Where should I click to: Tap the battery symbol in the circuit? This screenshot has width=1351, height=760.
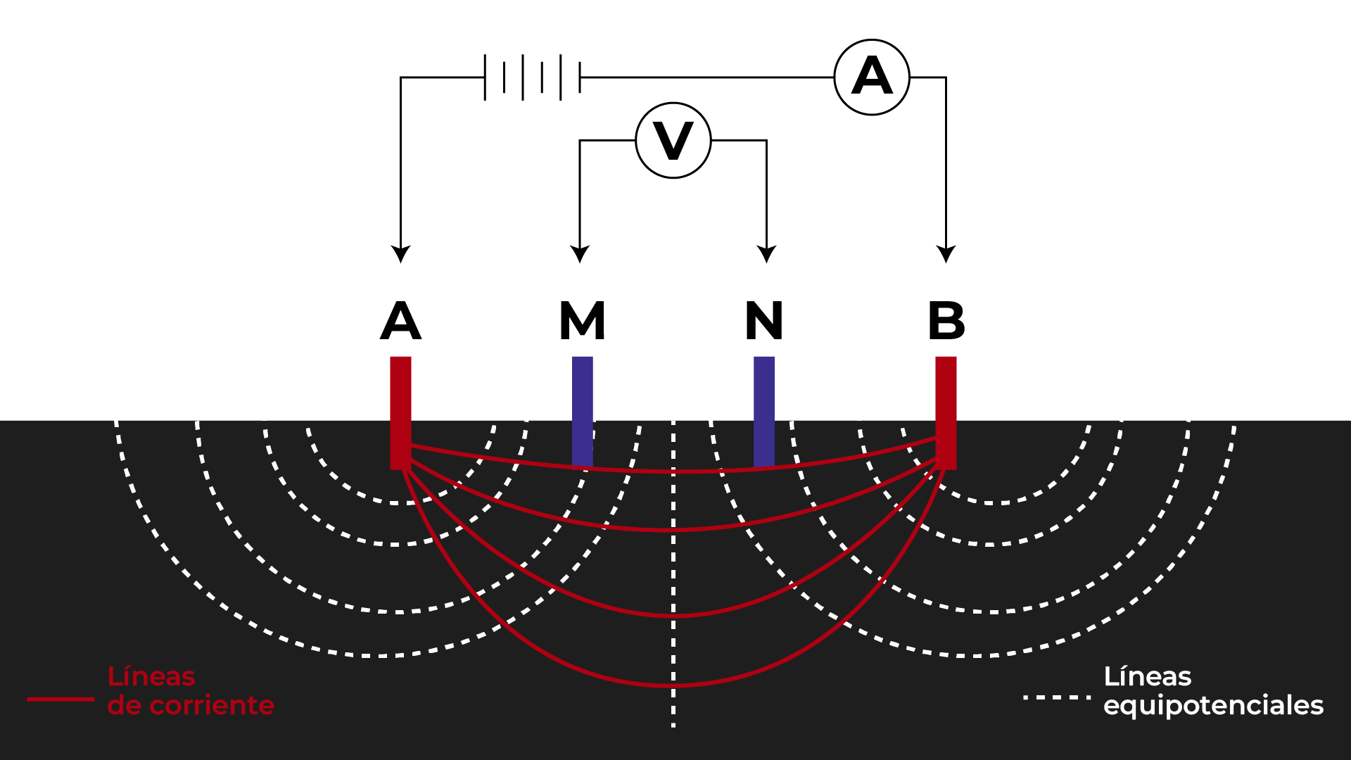point(532,77)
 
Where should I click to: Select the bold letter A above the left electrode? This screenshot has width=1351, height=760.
point(400,321)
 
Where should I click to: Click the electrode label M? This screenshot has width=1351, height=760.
point(582,321)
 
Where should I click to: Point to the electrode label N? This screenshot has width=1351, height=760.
point(764,321)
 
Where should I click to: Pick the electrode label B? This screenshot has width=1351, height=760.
point(946,321)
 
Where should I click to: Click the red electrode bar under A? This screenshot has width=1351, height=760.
point(400,412)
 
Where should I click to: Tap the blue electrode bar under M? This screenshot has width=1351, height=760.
point(583,412)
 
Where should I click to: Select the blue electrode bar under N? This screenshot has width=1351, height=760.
point(764,412)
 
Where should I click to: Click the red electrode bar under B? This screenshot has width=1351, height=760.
point(946,412)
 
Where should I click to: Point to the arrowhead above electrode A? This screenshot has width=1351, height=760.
point(401,254)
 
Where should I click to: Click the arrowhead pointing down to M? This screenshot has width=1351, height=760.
point(580,254)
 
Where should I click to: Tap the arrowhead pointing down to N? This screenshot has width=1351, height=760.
point(766,254)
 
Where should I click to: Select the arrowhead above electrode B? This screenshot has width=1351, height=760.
point(946,254)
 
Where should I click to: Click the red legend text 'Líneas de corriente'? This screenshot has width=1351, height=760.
point(191,691)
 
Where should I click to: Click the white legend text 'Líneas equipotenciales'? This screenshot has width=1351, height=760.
point(1213,691)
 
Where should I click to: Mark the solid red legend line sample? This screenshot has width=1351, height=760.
point(61,699)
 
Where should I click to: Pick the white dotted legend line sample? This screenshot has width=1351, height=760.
point(1057,697)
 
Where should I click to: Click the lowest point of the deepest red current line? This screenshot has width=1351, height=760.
point(673,685)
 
